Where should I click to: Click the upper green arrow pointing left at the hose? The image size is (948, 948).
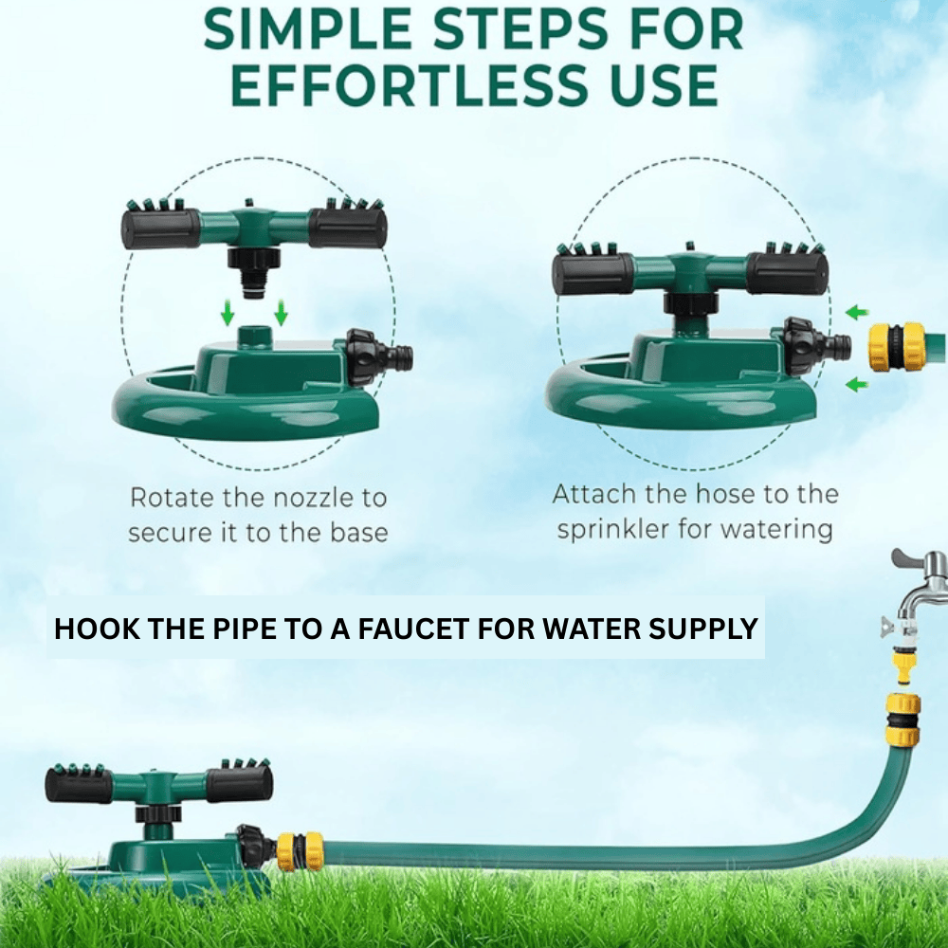point(857,312)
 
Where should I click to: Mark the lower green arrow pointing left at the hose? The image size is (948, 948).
point(857,384)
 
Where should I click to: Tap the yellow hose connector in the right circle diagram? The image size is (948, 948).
point(896,347)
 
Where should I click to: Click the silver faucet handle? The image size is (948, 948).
point(919,558)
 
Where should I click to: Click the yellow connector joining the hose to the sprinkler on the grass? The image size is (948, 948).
point(300,850)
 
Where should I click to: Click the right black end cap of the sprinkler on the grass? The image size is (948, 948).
point(239,784)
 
